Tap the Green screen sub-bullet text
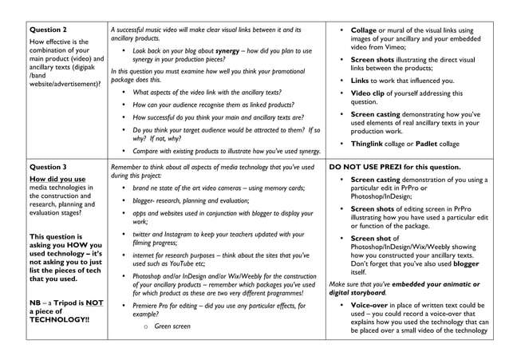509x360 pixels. [172, 326]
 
